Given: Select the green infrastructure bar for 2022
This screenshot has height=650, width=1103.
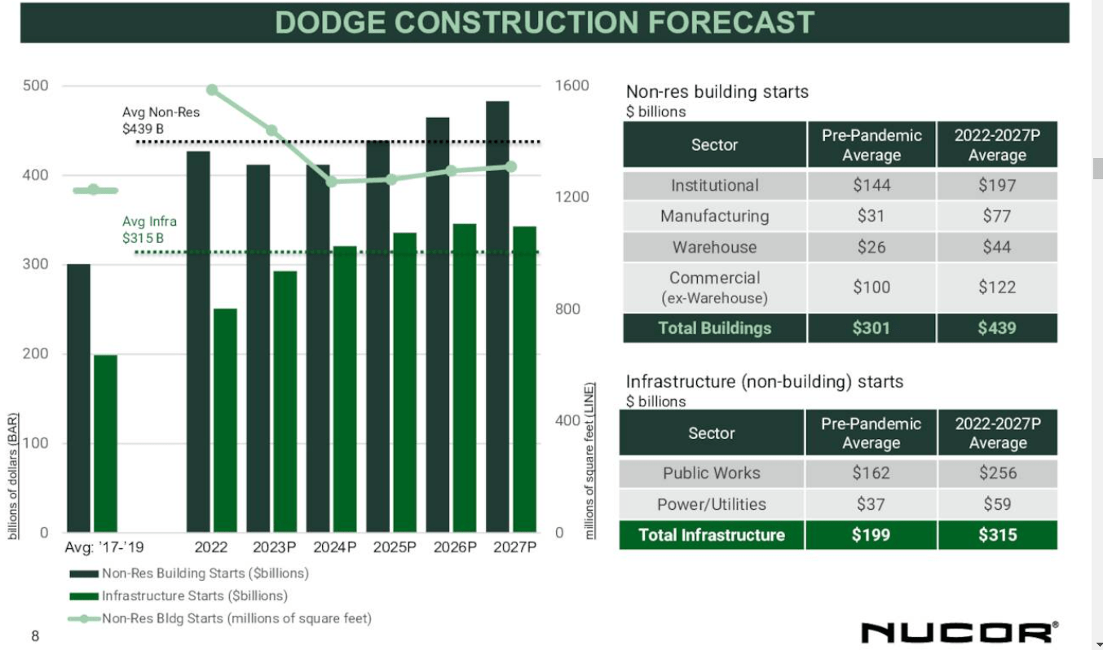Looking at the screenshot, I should [225, 420].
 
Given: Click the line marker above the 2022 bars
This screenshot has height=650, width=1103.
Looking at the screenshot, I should [212, 90].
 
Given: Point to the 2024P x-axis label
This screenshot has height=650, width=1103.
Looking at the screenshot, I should [335, 547].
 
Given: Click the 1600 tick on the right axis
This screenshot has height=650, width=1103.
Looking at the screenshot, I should [571, 86].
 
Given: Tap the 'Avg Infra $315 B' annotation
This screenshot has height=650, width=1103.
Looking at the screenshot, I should [149, 230].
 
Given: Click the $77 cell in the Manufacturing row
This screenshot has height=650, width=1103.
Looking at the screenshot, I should [996, 216].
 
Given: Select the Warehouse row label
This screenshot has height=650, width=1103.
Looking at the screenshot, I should [714, 247].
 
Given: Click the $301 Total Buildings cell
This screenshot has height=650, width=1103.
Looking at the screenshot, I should [871, 328].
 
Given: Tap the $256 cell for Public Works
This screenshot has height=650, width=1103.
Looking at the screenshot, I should [997, 473].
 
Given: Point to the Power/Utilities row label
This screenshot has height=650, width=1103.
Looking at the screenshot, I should [711, 504].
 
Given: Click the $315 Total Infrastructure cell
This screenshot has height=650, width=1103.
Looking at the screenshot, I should [997, 535].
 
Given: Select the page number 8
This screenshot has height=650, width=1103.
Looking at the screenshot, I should [35, 636].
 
